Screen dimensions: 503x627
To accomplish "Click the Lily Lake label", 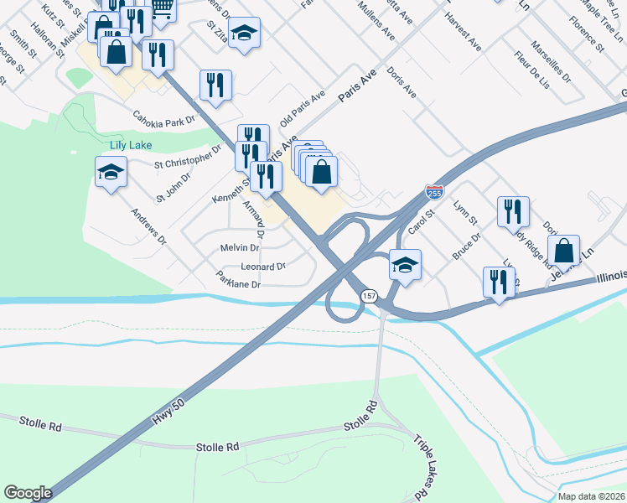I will pos(131,145).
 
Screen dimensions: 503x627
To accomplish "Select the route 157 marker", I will pos(369,296).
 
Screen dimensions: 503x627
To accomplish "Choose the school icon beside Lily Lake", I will pos(111,174).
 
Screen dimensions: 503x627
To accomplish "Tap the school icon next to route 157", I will pos(405,265).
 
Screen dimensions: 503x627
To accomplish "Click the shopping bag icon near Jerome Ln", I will pos(566,250).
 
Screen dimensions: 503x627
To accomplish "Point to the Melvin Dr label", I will pos(240,248).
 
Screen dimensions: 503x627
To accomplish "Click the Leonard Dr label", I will pos(263,267).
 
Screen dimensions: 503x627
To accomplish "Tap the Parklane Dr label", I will pos(238,281).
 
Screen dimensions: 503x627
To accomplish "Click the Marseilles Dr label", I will pos(552,65).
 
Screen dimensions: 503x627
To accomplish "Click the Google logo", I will pos(28,492).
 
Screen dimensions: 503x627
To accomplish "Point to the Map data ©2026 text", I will pos(591,496).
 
